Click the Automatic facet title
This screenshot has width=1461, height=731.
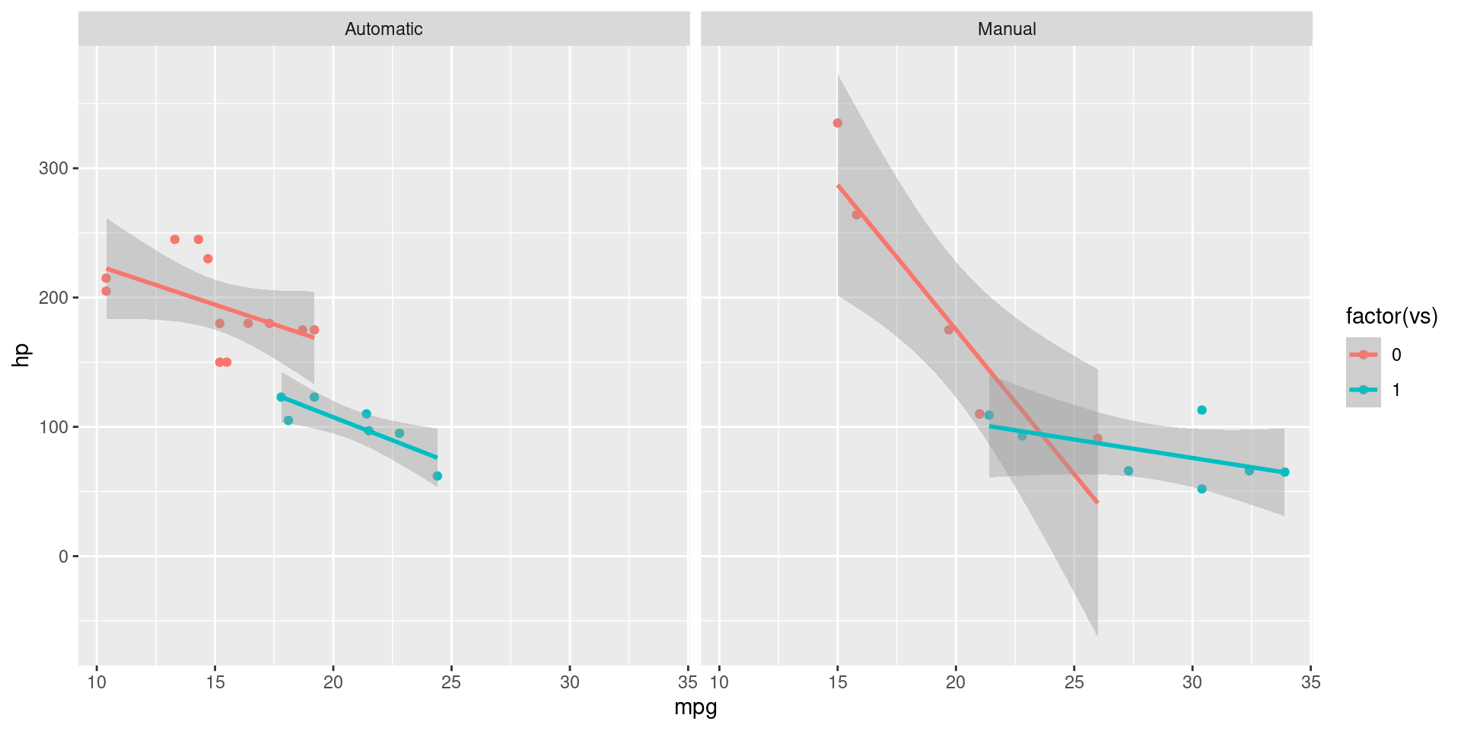[384, 29]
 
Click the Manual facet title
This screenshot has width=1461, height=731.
[1006, 29]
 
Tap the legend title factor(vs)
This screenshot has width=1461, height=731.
[1391, 316]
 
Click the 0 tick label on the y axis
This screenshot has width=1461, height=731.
[63, 557]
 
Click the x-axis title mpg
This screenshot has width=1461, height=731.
[695, 707]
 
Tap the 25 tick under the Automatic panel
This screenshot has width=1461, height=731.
[451, 682]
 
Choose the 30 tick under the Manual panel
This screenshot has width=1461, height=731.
[1192, 682]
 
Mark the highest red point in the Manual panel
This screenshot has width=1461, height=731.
[837, 123]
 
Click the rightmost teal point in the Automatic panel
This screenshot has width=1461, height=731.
[437, 476]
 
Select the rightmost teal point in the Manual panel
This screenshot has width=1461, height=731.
[1284, 472]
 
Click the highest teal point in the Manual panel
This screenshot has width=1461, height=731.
[1202, 410]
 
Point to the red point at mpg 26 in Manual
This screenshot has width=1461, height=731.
[1097, 439]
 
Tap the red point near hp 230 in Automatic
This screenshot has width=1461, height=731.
[208, 259]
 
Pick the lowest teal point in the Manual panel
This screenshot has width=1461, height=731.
[1202, 489]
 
